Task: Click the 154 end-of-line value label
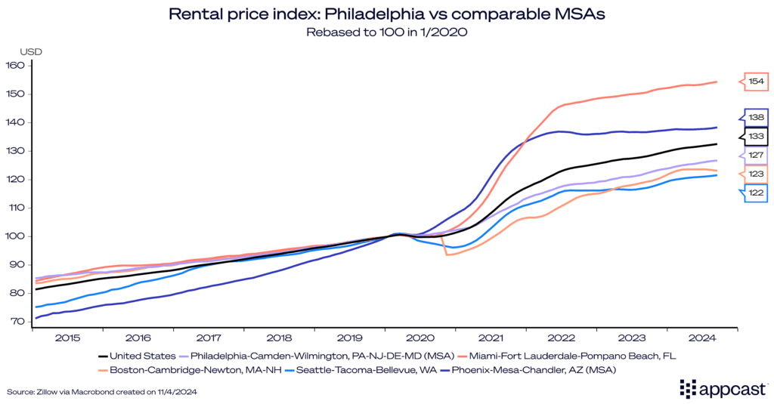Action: click(754, 82)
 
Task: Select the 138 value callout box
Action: click(754, 118)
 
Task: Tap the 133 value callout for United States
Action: click(754, 136)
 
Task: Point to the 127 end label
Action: click(754, 156)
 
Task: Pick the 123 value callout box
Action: click(754, 174)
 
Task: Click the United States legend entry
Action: click(136, 355)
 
